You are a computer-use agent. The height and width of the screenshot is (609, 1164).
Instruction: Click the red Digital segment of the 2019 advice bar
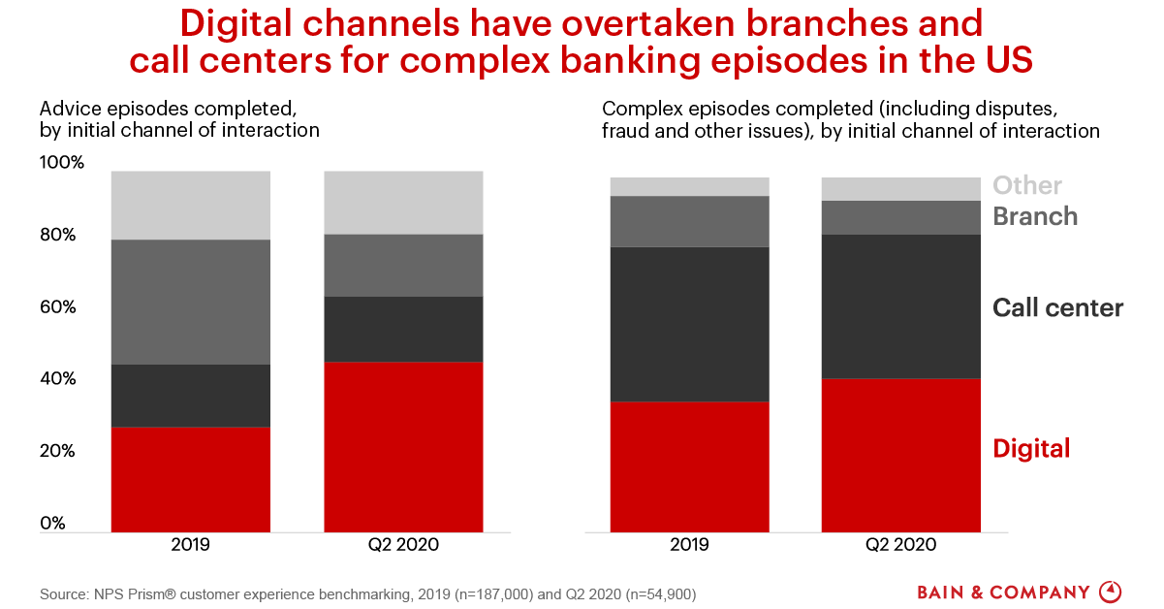tap(190, 479)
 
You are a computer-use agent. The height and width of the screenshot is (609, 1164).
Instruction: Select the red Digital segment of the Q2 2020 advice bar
tap(403, 446)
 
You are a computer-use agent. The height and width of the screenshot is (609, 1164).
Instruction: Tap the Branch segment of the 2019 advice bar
tap(190, 302)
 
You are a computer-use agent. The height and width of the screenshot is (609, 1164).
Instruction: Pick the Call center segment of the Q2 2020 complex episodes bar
tap(900, 305)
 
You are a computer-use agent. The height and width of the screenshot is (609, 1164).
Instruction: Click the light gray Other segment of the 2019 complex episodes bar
tap(689, 186)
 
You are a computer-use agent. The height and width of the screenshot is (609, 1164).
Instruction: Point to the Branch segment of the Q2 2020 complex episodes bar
tap(900, 217)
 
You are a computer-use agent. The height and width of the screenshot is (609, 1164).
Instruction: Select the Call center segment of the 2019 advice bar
tap(190, 396)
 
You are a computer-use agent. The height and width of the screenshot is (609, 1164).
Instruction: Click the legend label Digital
tap(1031, 448)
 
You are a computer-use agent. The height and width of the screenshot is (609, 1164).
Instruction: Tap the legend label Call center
tap(1057, 308)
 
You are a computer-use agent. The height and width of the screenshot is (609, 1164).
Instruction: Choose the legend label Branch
tap(1035, 216)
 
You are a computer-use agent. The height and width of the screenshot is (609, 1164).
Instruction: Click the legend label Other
tap(1027, 185)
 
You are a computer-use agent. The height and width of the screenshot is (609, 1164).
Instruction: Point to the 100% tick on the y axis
tap(62, 163)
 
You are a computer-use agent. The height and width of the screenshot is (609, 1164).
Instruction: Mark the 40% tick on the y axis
tap(58, 379)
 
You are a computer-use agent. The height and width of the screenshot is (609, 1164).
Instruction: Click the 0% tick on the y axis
tap(53, 524)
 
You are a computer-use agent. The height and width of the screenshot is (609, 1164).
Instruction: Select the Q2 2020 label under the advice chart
tap(403, 545)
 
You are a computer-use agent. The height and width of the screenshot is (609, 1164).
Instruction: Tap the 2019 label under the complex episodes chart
tap(689, 545)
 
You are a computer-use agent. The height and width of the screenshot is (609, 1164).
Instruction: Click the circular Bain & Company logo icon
tap(1111, 592)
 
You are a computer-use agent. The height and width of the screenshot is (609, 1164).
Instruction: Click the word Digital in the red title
tap(244, 22)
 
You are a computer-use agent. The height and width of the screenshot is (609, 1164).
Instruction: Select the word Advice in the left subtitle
tap(66, 107)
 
